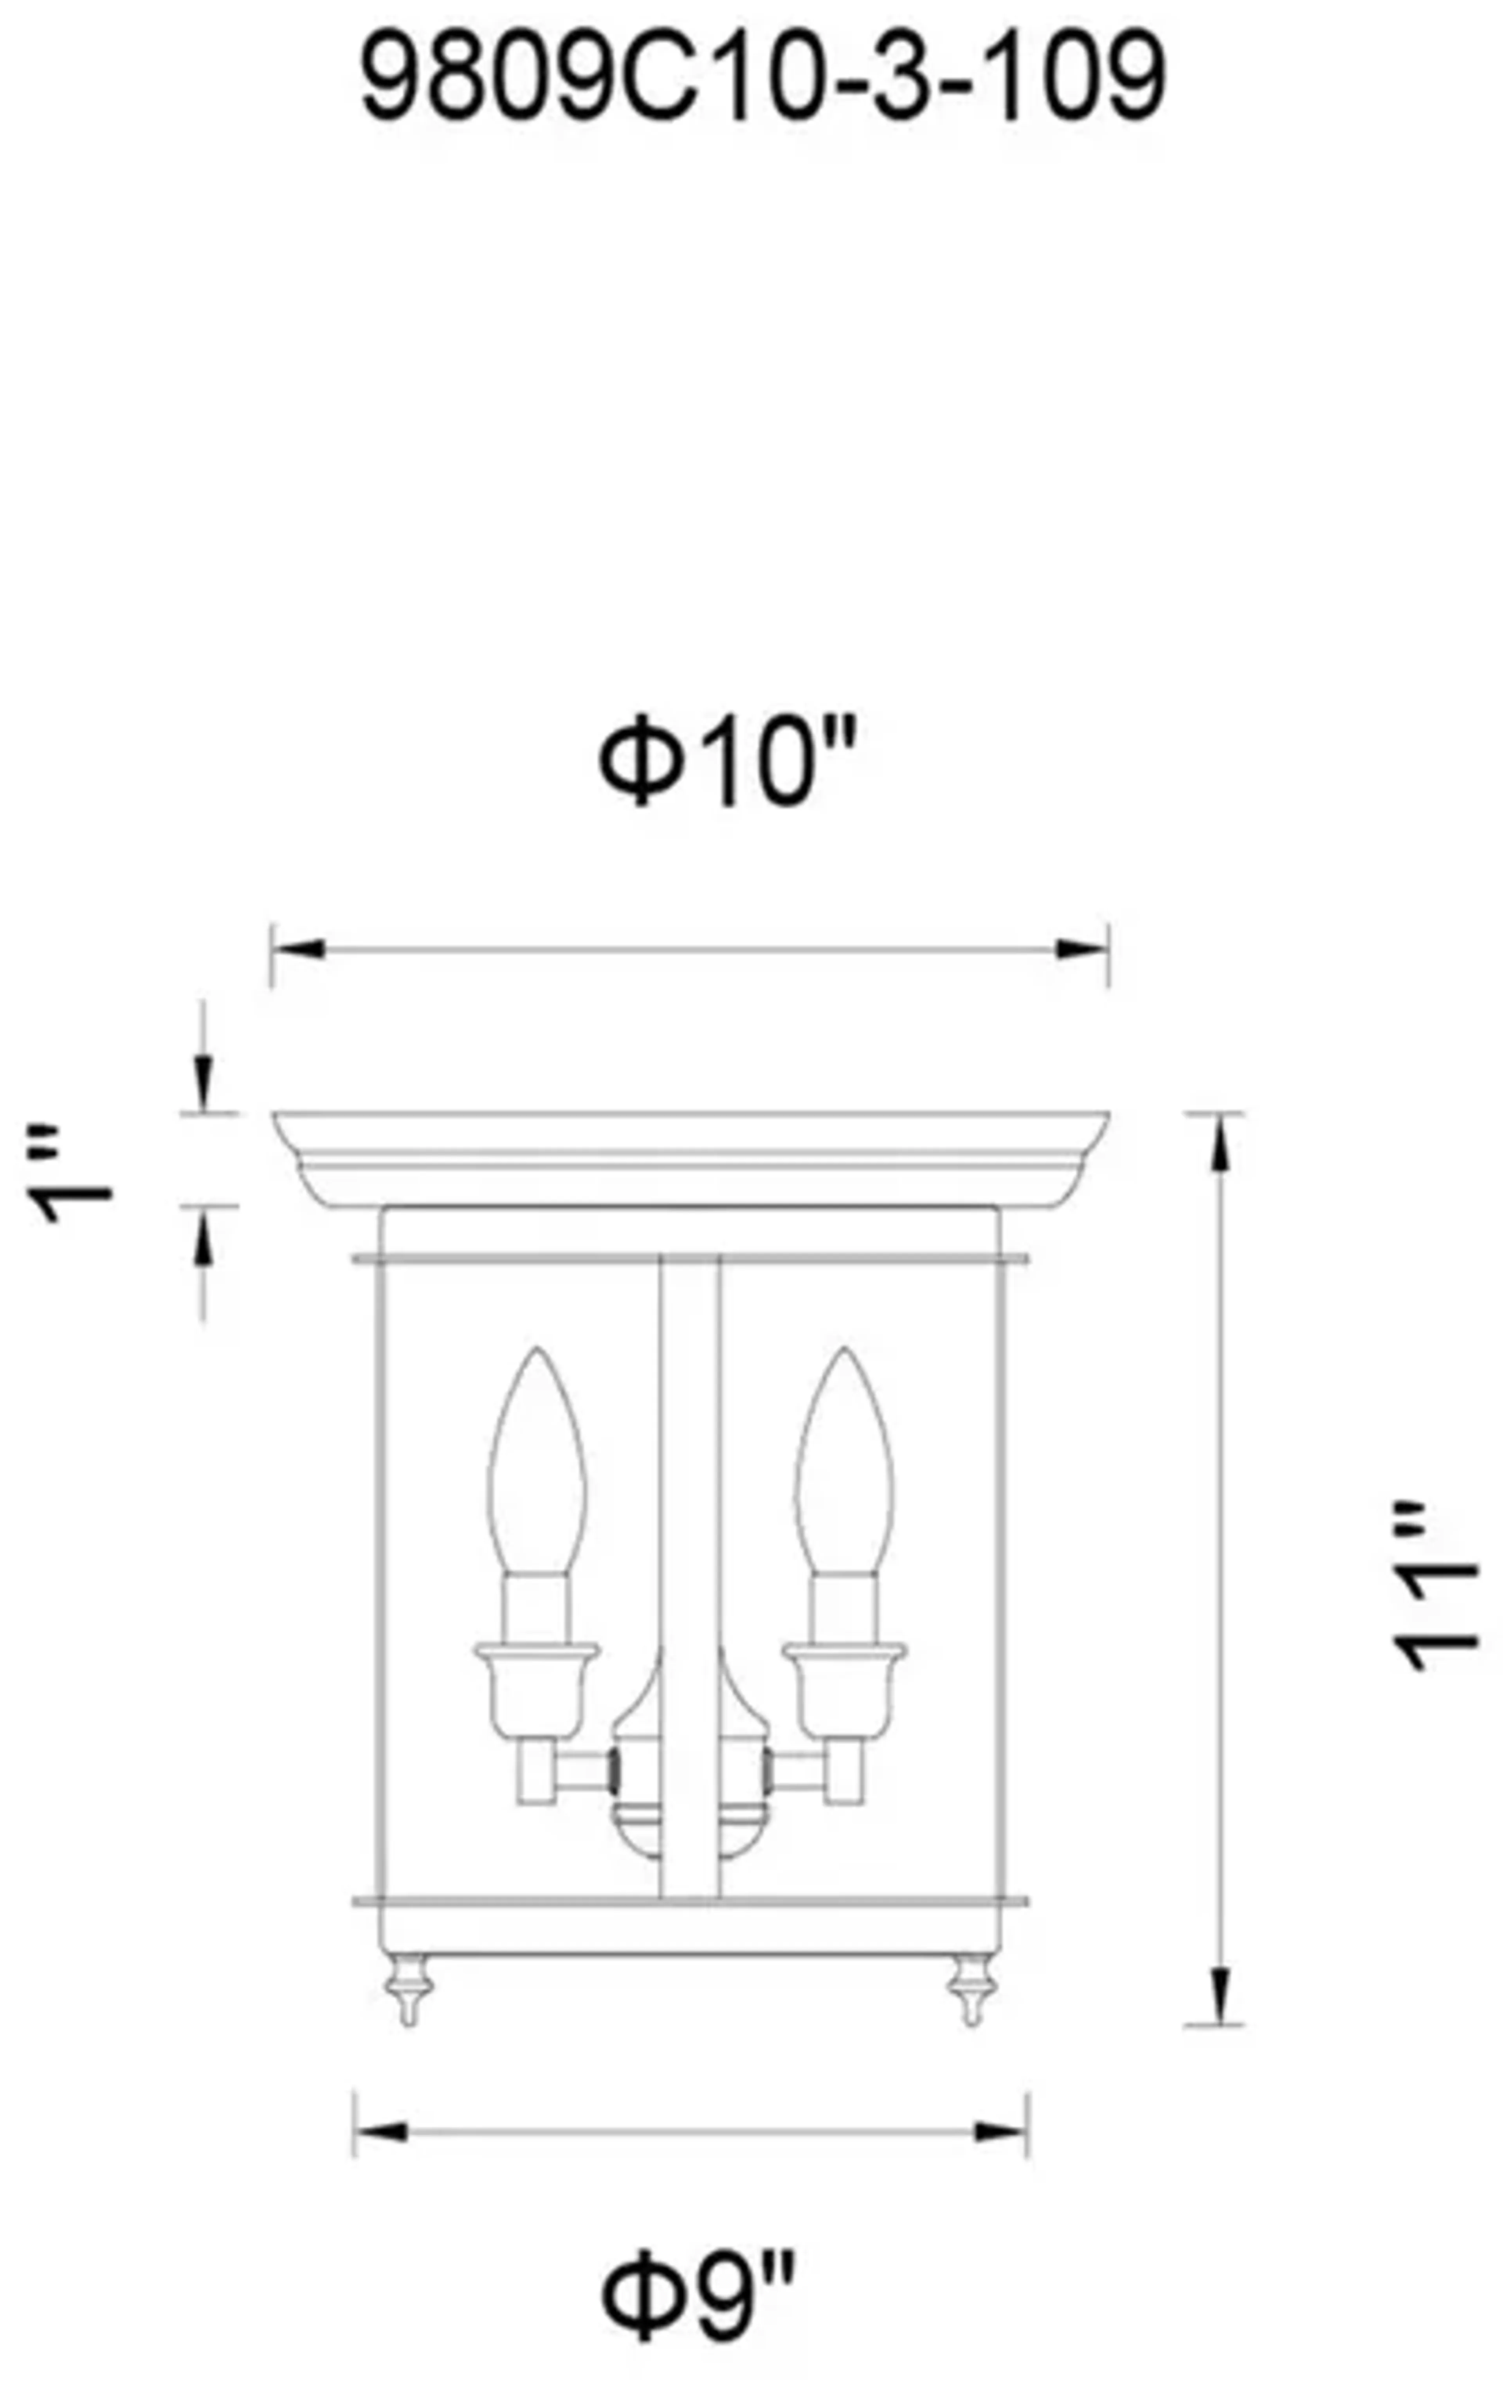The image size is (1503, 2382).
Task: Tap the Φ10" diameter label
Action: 727,762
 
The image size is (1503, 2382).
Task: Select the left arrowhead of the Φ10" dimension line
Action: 297,950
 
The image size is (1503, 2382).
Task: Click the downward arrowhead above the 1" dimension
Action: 203,1083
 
